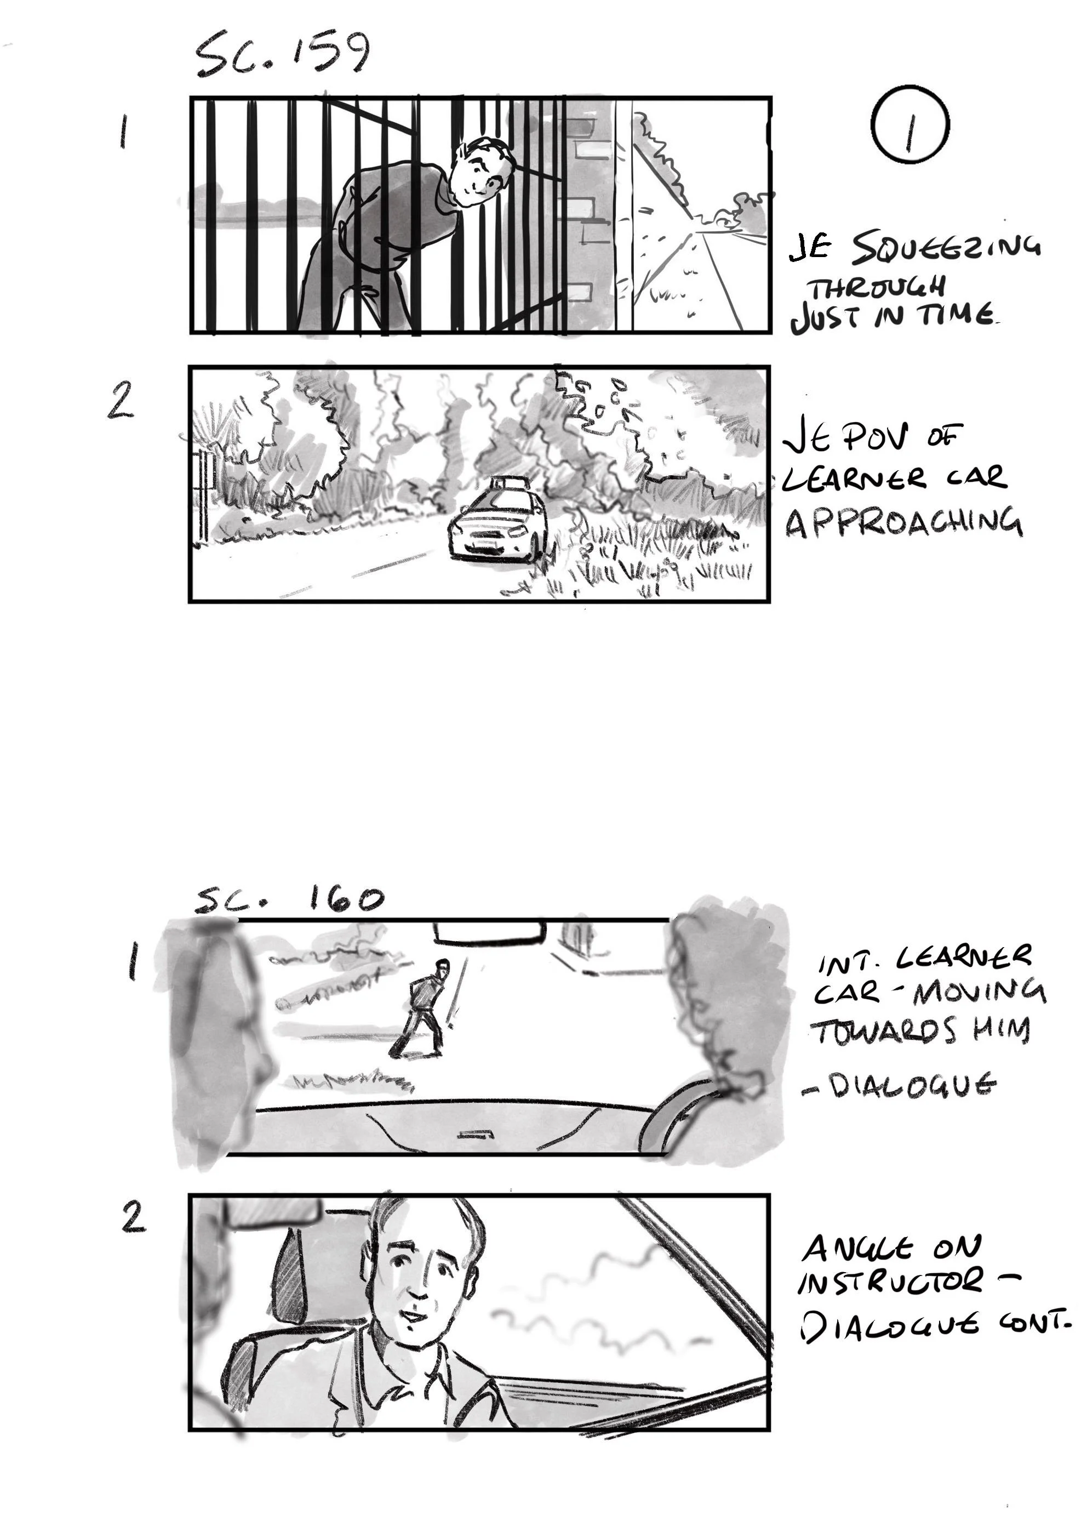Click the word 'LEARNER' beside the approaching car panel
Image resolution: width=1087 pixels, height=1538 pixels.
click(x=846, y=479)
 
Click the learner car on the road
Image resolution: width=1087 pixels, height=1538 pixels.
click(x=498, y=526)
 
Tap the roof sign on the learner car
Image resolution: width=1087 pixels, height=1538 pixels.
click(x=506, y=482)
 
